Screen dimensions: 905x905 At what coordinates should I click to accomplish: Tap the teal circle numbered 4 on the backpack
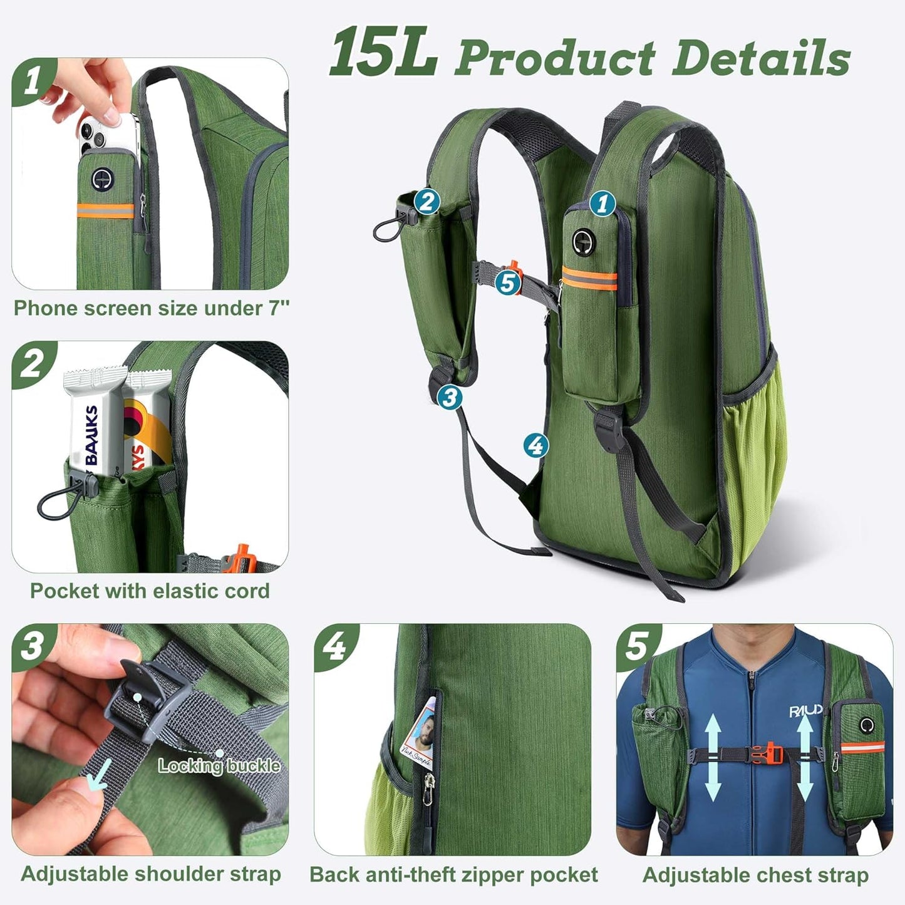535,445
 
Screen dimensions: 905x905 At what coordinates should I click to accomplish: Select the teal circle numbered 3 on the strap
449,396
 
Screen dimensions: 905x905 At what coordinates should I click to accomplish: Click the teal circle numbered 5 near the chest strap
507,282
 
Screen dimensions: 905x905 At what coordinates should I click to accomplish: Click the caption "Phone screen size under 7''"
152,308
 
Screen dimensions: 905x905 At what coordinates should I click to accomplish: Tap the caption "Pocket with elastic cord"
150,591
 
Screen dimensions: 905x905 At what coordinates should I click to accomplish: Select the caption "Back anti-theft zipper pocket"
453,874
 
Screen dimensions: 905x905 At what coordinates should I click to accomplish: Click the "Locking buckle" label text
219,765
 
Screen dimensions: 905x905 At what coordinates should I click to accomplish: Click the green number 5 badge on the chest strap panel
638,646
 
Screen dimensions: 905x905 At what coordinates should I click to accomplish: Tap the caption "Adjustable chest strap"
755,874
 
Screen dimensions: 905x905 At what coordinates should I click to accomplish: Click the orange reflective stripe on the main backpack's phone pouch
589,277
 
